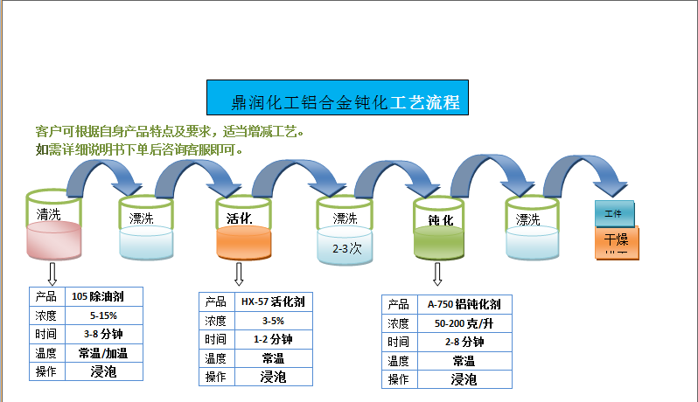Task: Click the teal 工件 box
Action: pyautogui.click(x=612, y=213)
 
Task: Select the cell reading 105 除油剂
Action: pyautogui.click(x=104, y=295)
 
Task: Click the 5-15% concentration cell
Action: pyautogui.click(x=104, y=315)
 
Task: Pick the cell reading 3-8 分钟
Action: pyautogui.click(x=104, y=334)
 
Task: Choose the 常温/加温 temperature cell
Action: pyautogui.click(x=104, y=353)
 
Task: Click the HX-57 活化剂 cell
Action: pyautogui.click(x=273, y=301)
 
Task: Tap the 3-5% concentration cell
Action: pyautogui.click(x=273, y=321)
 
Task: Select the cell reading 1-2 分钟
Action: pyautogui.click(x=273, y=339)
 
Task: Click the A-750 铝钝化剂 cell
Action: pyautogui.click(x=464, y=304)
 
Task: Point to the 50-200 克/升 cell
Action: pyautogui.click(x=464, y=323)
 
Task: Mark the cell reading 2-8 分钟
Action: pyautogui.click(x=464, y=342)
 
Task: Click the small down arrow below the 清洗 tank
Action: pyautogui.click(x=52, y=274)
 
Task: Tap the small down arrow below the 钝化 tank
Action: pyautogui.click(x=437, y=274)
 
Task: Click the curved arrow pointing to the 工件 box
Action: pyautogui.click(x=583, y=173)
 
